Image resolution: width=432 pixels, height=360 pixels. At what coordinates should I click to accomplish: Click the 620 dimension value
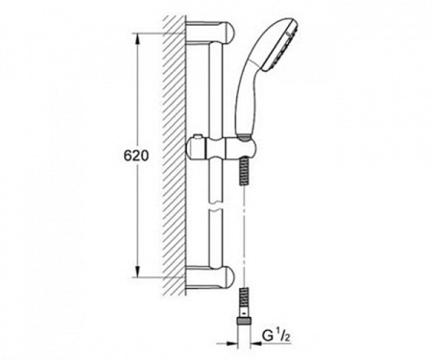[136, 156]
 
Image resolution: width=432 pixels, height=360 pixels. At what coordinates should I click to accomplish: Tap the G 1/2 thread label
[276, 336]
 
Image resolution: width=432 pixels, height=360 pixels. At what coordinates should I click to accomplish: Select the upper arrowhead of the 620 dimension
[138, 39]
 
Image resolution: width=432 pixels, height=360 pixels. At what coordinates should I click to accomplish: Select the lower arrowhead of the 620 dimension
[138, 271]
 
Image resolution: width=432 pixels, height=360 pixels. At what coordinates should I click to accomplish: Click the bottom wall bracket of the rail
[210, 276]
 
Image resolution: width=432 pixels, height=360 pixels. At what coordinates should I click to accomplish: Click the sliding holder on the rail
[222, 148]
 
